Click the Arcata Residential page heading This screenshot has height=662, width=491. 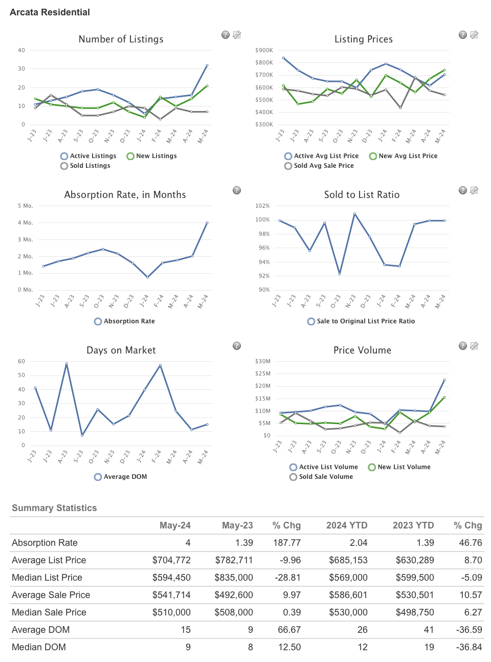click(50, 12)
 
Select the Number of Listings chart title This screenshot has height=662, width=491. click(121, 39)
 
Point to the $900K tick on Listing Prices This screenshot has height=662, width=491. click(264, 50)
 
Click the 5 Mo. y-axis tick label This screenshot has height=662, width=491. click(25, 206)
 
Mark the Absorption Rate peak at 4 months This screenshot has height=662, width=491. click(207, 223)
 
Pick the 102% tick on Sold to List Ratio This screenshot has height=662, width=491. click(262, 206)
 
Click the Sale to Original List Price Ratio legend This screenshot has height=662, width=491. click(361, 321)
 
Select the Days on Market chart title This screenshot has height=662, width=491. click(121, 350)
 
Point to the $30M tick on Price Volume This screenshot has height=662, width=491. click(263, 361)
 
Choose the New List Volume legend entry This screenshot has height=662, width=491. click(399, 467)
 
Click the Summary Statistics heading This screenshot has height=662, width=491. click(54, 508)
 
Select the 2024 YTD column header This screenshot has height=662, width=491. click(347, 525)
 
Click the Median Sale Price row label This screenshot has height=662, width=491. click(49, 612)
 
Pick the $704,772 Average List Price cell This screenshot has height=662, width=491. click(171, 560)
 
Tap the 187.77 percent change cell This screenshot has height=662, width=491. click(287, 543)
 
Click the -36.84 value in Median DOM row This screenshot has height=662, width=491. click(469, 647)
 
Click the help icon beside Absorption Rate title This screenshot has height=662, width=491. click(237, 190)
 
